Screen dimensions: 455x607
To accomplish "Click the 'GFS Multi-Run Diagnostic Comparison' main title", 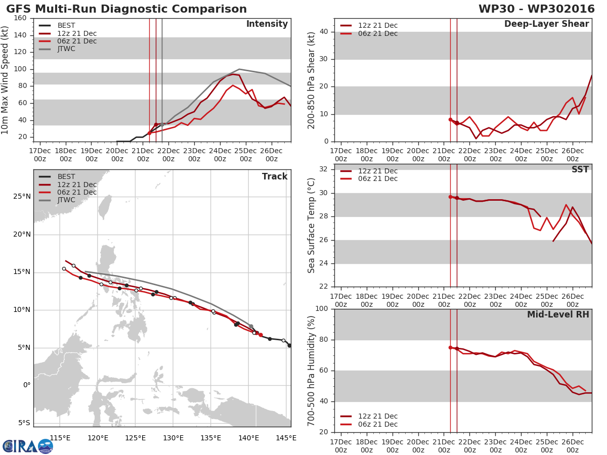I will (126, 9).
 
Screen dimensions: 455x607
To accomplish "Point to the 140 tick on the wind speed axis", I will (20, 35).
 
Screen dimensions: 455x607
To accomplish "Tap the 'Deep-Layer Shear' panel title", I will (546, 24).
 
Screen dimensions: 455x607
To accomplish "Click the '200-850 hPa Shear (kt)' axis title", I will (312, 80).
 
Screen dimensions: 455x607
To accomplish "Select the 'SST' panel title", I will (580, 170).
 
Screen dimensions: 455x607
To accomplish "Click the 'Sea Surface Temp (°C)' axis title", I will (312, 225).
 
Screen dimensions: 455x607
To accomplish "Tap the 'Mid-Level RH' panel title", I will (558, 315).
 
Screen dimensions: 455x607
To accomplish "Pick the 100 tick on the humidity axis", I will (322, 309).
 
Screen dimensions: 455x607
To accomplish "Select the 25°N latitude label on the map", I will (22, 197).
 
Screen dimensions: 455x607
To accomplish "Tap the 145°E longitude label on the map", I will (286, 438).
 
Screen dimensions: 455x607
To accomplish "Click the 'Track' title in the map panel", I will (275, 176).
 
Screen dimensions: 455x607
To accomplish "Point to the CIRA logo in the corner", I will (28, 446).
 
